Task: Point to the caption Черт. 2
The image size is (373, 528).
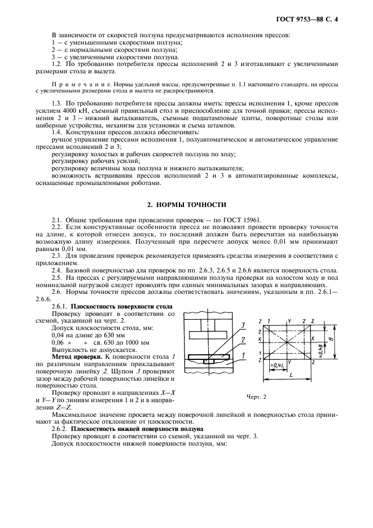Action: (x=256, y=397)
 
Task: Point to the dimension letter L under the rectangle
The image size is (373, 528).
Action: (x=290, y=375)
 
